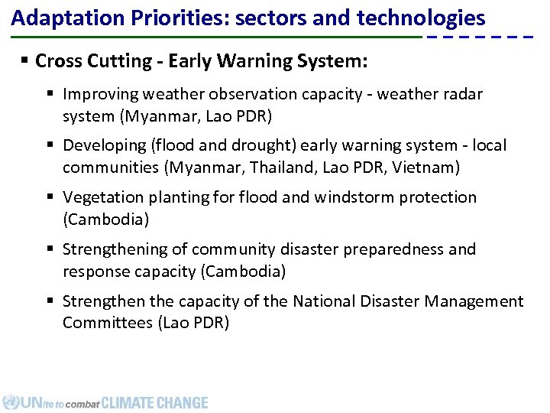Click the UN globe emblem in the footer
pos(11,402)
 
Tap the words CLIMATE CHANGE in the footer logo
pos(154,402)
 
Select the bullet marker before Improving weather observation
pos(51,94)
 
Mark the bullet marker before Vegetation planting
pos(51,197)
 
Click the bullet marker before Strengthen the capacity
pos(51,301)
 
